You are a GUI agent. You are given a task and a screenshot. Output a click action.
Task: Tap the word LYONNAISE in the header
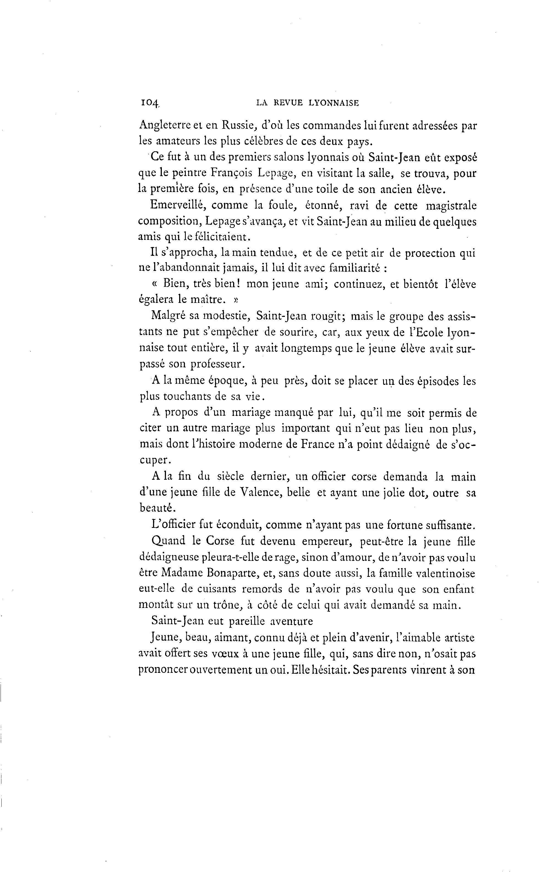pos(333,103)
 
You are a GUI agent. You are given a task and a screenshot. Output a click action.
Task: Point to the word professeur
pos(218,364)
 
